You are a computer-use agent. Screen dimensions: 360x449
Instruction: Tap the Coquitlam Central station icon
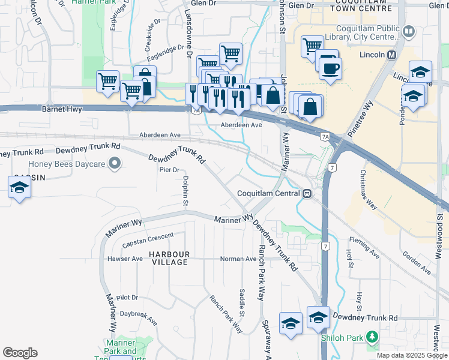[307, 194]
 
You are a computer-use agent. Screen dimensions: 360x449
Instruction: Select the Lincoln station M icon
[392, 55]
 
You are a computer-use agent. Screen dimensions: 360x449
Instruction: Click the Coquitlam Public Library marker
[409, 31]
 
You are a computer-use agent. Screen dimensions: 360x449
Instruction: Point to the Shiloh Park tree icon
[373, 337]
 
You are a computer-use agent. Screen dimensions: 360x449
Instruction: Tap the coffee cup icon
[330, 68]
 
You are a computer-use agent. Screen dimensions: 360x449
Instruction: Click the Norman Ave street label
[238, 259]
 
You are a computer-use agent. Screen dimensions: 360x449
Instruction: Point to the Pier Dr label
[170, 170]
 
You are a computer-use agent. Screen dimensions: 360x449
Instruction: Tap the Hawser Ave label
[125, 259]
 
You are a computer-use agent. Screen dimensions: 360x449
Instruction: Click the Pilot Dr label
[128, 298]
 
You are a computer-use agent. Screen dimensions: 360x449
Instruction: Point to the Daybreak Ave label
[139, 317]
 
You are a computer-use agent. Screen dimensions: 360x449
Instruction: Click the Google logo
[20, 353]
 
